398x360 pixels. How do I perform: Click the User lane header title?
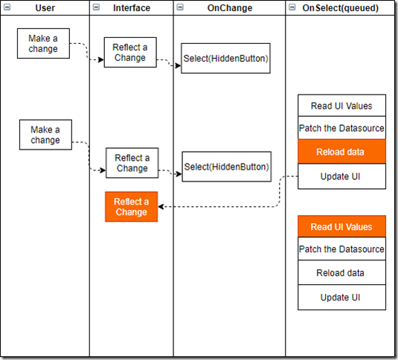coord(45,8)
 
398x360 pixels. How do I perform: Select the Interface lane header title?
coord(132,8)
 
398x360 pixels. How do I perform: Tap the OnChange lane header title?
coord(230,8)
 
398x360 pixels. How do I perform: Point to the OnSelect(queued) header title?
coord(340,8)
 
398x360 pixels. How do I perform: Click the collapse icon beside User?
coord(7,7)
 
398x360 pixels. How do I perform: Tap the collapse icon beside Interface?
coord(96,7)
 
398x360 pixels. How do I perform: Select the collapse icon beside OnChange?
coord(180,7)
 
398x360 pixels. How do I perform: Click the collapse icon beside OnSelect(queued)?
coord(292,7)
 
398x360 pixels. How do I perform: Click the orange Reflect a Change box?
coord(131,207)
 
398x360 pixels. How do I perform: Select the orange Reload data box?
coord(341,152)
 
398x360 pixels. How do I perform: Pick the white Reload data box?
coord(341,272)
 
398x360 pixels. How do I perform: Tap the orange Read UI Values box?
coord(341,226)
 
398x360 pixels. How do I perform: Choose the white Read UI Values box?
coord(341,106)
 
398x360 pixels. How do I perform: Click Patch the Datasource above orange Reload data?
coord(341,128)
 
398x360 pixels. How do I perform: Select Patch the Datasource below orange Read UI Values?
coord(341,249)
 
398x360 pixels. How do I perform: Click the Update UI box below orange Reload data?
coord(341,176)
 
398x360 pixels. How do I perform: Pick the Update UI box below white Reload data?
coord(341,298)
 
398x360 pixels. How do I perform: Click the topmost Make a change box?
coord(43,43)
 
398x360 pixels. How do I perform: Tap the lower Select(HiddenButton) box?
coord(226,167)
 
